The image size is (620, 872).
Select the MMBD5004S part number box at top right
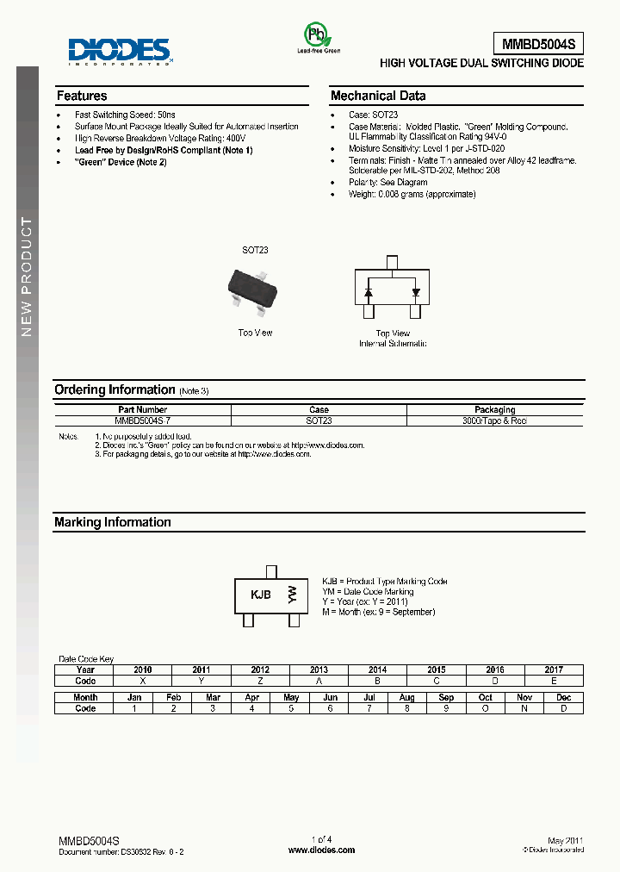point(538,43)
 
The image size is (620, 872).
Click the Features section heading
point(82,96)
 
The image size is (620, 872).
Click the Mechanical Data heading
point(378,96)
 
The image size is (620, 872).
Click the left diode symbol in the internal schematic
point(369,292)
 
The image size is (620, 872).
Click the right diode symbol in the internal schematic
point(416,292)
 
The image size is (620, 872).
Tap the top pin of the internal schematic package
point(392,262)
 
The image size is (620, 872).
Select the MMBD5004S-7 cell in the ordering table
point(143,420)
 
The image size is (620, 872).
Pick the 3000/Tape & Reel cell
point(494,420)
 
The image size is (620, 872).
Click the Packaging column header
point(494,409)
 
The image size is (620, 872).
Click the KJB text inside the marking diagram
point(260,595)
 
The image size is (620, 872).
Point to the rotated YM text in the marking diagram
point(293,594)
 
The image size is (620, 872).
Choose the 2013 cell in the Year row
point(319,670)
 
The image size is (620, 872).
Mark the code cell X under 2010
point(143,681)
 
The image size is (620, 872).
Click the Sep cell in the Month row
point(446,697)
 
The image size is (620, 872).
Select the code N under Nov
point(524,708)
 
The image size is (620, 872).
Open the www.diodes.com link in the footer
point(321,850)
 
